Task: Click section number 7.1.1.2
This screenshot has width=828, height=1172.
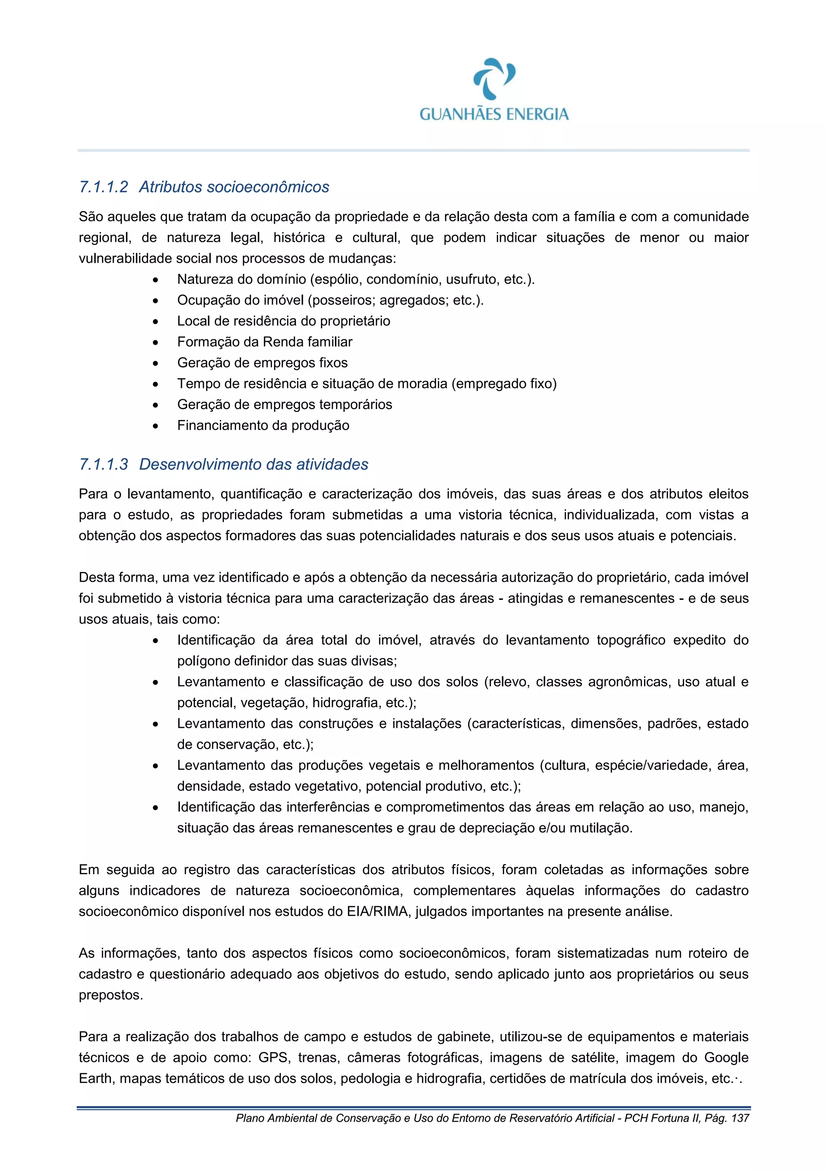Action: (103, 187)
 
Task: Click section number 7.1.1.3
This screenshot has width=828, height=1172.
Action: (103, 464)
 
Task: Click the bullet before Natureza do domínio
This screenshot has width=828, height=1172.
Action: (156, 280)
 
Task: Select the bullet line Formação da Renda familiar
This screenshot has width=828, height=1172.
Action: (264, 342)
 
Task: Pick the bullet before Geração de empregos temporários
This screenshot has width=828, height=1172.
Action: (156, 405)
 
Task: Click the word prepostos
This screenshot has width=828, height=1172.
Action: (110, 995)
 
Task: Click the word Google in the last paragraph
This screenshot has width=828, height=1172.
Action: (727, 1058)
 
